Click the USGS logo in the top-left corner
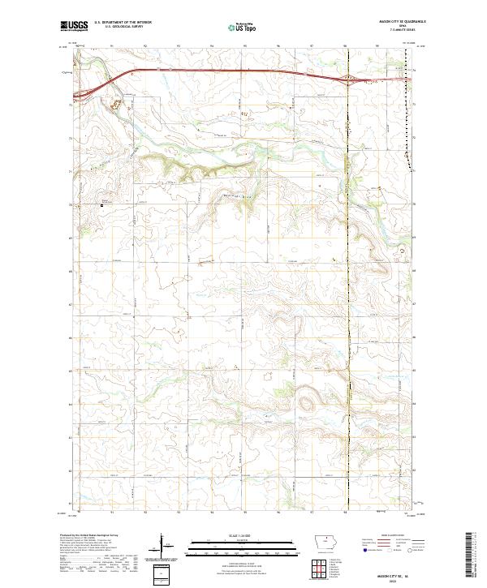[x=74, y=27]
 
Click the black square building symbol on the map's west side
[x=101, y=205]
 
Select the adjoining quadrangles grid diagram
[x=323, y=568]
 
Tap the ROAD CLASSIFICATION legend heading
[x=389, y=534]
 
